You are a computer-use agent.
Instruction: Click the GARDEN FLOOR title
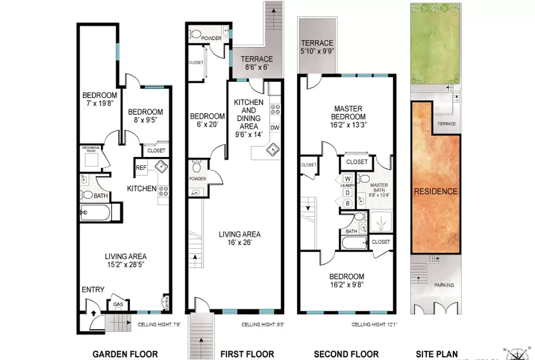tap(125, 354)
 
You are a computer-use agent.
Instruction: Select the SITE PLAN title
tap(435, 354)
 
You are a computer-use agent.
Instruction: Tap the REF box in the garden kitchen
tap(141, 168)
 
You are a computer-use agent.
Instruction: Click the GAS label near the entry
tap(118, 305)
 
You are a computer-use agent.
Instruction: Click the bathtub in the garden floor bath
tap(95, 212)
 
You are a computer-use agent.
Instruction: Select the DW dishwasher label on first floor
tap(275, 128)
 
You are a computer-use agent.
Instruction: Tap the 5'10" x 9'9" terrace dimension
tap(317, 51)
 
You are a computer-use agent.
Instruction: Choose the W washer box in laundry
tap(348, 177)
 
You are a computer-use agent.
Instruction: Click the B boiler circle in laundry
tap(348, 203)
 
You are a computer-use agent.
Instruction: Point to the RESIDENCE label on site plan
tap(435, 191)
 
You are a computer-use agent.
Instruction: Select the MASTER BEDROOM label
tap(349, 112)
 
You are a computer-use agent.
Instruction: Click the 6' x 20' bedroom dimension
tap(207, 125)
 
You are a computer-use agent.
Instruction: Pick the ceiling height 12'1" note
tap(374, 324)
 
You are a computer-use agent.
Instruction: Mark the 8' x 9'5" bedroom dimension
tap(145, 121)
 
